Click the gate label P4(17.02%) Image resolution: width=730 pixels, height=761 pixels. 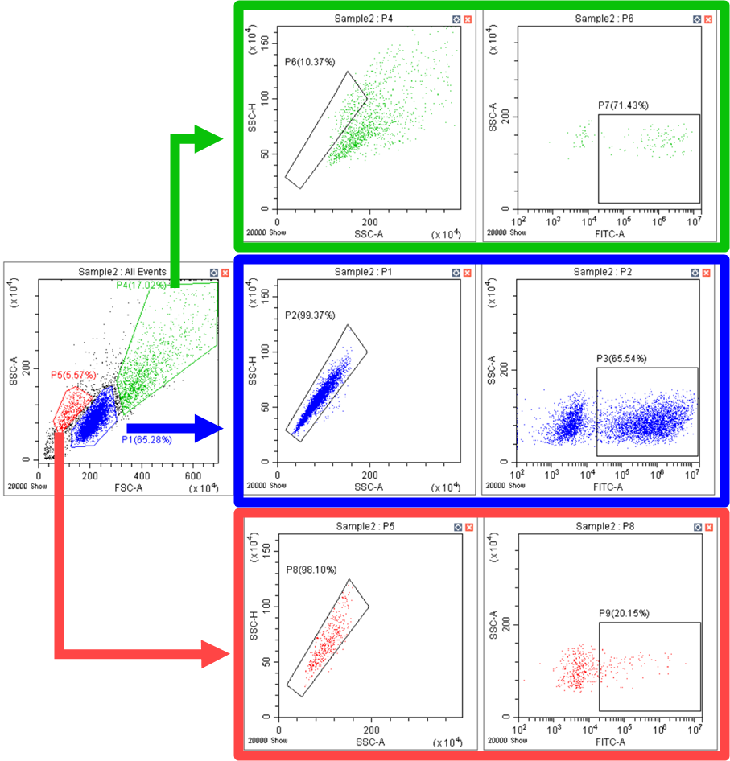(141, 285)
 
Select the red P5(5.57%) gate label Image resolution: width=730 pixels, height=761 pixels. (73, 375)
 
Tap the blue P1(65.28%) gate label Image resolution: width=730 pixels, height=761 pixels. (146, 439)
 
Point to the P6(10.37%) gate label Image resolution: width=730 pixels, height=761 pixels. (309, 61)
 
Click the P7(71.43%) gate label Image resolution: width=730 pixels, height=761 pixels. (623, 105)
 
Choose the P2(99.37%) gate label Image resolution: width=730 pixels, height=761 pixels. (309, 315)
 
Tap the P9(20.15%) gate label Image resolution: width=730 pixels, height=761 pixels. (624, 613)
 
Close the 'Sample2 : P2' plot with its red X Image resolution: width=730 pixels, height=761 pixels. (707, 273)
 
